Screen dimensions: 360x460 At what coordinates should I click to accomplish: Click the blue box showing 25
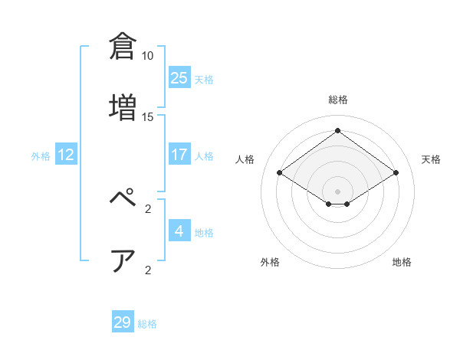point(179,77)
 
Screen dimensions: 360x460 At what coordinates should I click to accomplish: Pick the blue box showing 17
point(179,155)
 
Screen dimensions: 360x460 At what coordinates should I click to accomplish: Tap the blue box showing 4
point(179,231)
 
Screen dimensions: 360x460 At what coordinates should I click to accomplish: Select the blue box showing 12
point(66,155)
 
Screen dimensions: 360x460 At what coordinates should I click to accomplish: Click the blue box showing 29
point(123,322)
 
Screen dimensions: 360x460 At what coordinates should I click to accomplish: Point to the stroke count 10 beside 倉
point(148,56)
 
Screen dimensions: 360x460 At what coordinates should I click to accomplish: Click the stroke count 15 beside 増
point(148,117)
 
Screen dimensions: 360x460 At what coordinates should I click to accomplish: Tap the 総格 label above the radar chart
point(338,100)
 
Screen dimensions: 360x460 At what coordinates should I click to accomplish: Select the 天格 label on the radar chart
point(431,159)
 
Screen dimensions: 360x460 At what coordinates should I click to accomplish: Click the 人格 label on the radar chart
point(245,159)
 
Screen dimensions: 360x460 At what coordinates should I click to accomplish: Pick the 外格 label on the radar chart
point(270,262)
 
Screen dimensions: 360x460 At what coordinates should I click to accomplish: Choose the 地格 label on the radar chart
point(402,262)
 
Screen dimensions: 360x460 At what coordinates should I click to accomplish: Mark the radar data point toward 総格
point(338,131)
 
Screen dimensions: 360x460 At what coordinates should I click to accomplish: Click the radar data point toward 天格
point(396,173)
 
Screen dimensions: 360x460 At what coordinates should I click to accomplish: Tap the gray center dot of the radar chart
point(338,191)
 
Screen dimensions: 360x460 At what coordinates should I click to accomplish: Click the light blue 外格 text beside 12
point(41,156)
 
